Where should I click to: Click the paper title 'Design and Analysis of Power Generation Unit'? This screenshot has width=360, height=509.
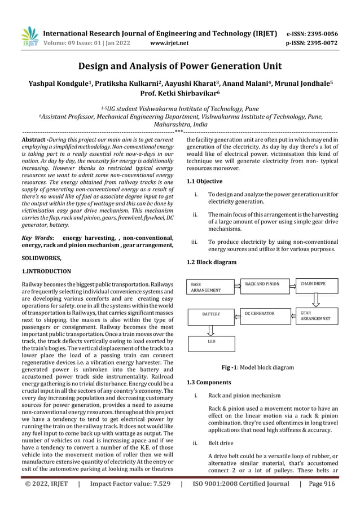(180, 67)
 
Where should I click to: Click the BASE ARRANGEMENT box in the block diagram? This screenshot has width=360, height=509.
(209, 287)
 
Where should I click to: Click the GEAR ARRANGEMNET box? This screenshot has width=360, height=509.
(317, 317)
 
